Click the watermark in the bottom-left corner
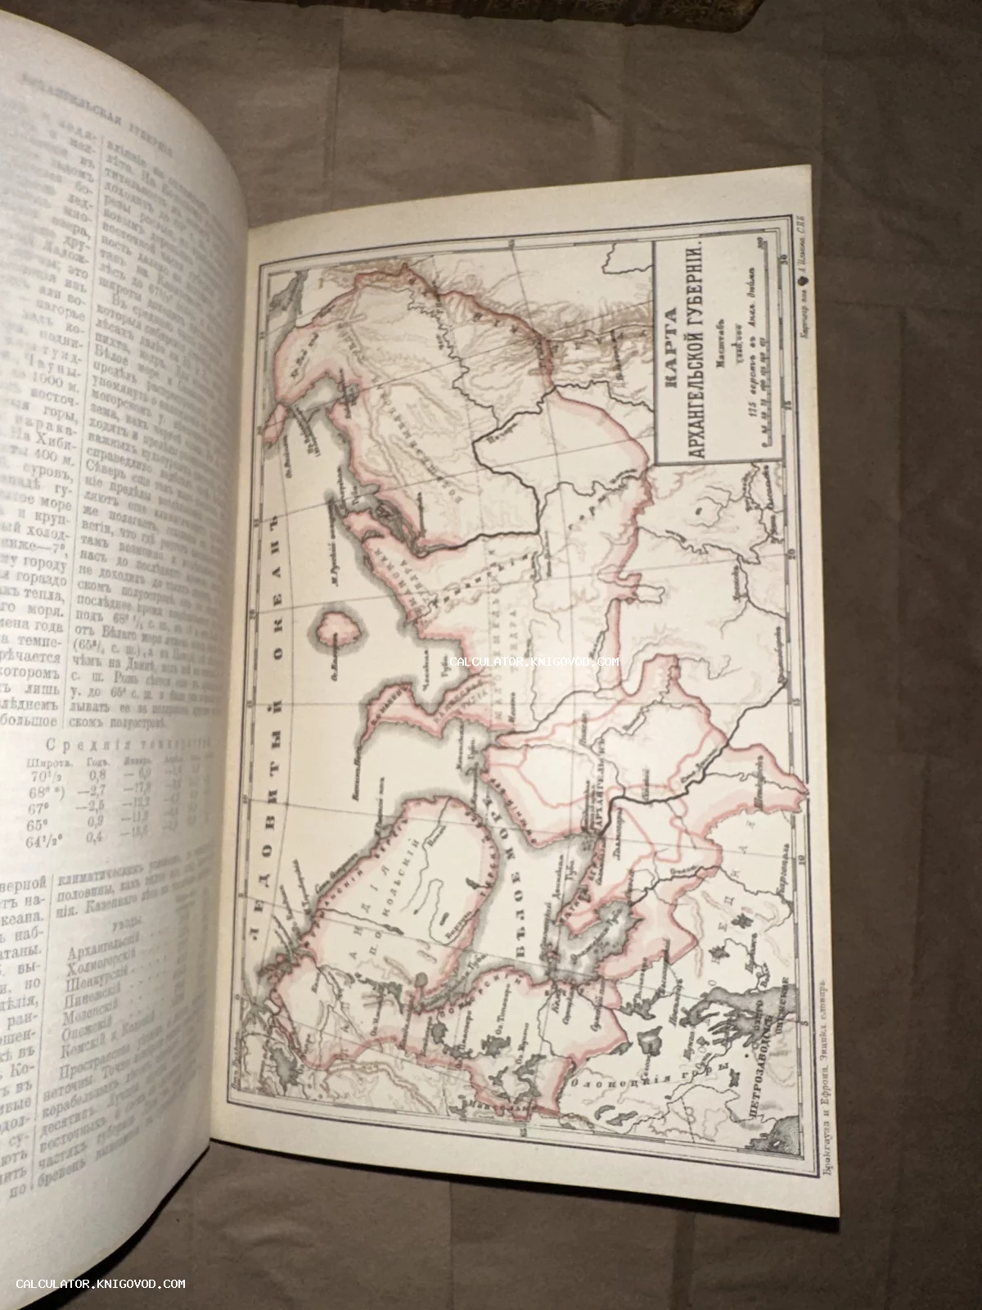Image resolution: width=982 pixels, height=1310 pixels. coord(101,1284)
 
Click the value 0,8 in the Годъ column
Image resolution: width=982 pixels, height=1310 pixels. coord(100,770)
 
